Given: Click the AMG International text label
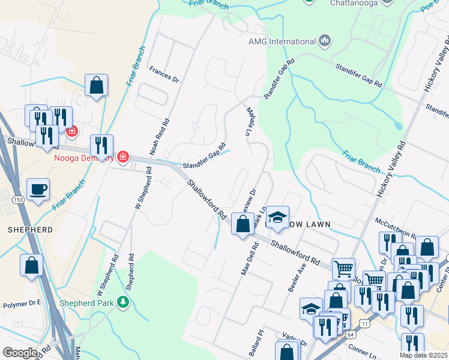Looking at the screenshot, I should point(282,41).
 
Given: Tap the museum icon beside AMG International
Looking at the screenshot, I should point(325,41).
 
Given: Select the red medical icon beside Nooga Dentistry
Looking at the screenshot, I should point(123,157).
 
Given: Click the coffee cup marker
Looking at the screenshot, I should point(38,190).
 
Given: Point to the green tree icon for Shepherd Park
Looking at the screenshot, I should point(124,301).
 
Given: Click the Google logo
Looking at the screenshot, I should point(19,353).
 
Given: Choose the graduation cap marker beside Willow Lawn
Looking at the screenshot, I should point(277,218).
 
